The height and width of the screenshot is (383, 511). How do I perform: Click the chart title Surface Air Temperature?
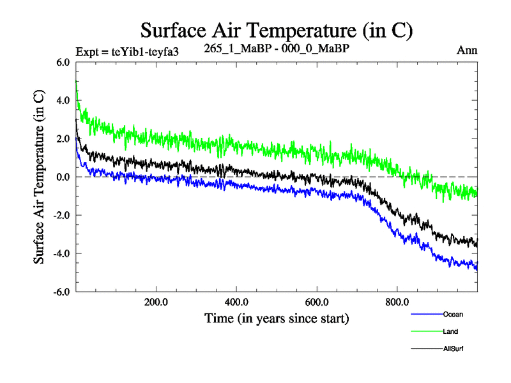pos(277,31)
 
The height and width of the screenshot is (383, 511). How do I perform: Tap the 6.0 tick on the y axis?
pos(62,63)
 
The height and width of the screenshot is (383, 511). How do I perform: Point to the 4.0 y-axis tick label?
pos(62,101)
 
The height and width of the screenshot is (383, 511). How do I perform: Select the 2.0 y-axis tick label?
pos(62,139)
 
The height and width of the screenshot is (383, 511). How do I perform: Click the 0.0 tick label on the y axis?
pos(62,177)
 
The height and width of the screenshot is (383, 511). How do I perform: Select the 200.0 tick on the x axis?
pos(156,302)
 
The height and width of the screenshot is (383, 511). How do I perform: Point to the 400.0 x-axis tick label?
pos(236,302)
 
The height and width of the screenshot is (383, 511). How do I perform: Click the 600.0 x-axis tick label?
pos(317,302)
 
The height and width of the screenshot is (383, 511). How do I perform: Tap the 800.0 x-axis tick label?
pos(397,302)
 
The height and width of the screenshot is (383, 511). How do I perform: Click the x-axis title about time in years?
pos(277,318)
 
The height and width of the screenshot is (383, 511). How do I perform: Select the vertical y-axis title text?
pos(40,177)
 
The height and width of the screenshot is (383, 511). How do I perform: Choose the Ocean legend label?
pos(452,314)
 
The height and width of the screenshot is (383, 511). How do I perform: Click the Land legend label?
pos(450,331)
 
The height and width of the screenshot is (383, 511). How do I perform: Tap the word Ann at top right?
pos(467,50)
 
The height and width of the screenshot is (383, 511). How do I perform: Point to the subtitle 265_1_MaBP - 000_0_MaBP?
pos(276,49)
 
